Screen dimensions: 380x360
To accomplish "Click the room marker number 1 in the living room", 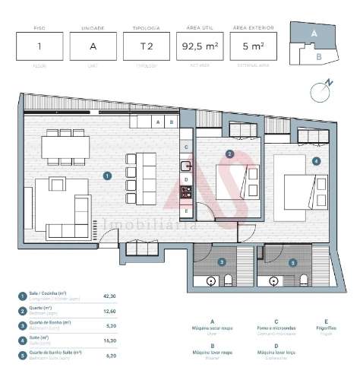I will point(108,175).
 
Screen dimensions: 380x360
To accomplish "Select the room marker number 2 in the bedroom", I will point(229,154).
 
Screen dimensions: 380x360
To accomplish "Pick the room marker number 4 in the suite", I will point(315,160).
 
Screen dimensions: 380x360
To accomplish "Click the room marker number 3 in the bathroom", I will point(222,261).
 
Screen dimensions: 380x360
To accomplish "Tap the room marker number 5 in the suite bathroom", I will point(292,262).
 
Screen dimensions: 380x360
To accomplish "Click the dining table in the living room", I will point(64,144).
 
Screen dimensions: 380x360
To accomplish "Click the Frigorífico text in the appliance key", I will point(327,328).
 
